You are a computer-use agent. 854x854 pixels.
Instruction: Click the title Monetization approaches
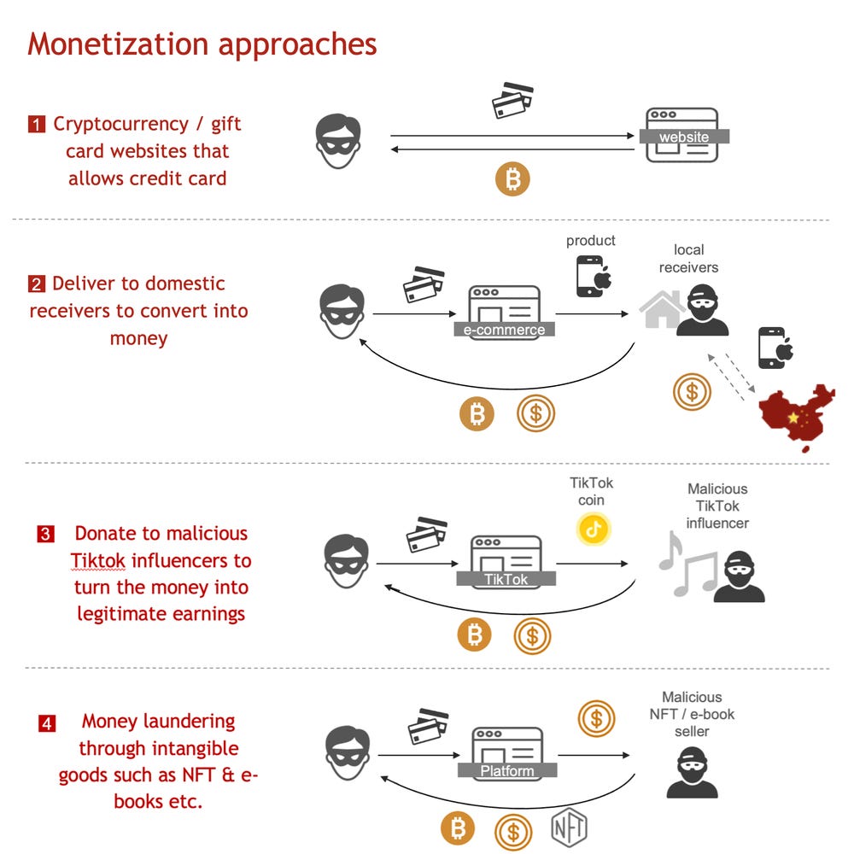[202, 44]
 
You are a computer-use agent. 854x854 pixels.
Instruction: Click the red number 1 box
[37, 125]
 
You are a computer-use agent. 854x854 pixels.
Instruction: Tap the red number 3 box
[45, 535]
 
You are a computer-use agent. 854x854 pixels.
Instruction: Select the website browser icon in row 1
[681, 134]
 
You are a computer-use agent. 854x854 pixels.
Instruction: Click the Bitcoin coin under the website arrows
[513, 180]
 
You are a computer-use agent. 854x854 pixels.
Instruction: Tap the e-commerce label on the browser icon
[504, 330]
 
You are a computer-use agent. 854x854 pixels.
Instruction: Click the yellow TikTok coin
[594, 529]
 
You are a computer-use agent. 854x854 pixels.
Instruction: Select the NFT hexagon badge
[569, 827]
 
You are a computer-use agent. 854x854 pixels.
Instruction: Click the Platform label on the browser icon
[506, 771]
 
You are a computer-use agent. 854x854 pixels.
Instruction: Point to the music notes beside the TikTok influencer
[687, 564]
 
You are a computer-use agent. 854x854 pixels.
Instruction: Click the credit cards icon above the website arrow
[512, 99]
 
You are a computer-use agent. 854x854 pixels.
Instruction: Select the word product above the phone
[590, 241]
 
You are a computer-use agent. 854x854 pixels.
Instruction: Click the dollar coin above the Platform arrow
[595, 718]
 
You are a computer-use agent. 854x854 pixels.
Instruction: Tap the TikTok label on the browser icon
[506, 579]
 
